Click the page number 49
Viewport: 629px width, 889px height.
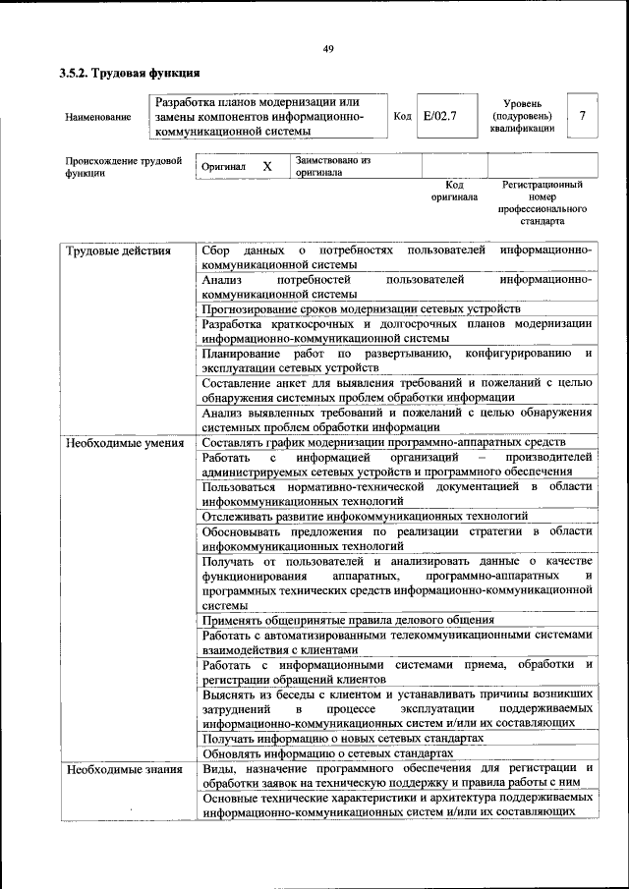pos(328,50)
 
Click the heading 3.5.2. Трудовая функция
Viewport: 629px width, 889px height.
pos(130,73)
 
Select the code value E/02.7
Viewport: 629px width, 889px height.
pos(439,116)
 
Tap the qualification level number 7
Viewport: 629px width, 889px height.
pos(583,116)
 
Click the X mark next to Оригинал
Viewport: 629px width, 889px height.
pos(266,167)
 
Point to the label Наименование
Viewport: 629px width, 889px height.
pos(98,118)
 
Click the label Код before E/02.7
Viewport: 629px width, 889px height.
pos(402,116)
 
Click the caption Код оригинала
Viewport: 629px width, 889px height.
pos(453,191)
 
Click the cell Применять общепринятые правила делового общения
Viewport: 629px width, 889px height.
pos(348,620)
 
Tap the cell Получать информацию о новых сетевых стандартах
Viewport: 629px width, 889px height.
pos(343,737)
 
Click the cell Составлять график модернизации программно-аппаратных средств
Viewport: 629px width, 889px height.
pos(382,442)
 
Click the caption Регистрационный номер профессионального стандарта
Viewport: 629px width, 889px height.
pos(543,202)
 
